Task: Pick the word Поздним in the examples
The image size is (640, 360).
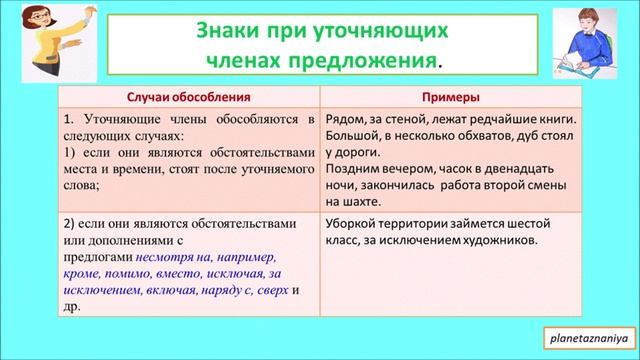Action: point(355,171)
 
